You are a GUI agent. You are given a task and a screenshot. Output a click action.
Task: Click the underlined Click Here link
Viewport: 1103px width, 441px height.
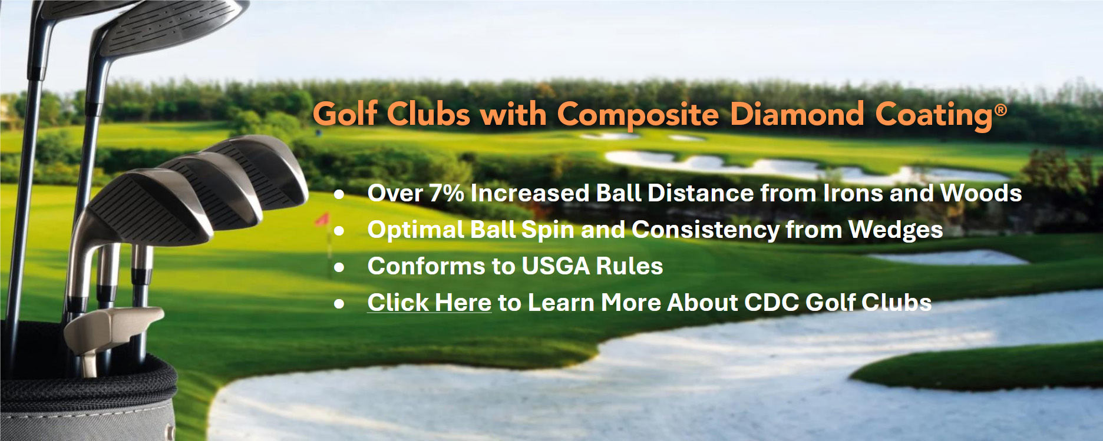[429, 303]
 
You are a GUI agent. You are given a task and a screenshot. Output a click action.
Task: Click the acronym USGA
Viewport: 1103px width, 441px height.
[555, 266]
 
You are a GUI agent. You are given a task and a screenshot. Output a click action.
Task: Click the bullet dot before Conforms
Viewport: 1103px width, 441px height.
[339, 267]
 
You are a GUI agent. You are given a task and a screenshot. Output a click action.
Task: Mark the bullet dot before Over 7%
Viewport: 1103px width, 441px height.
[339, 194]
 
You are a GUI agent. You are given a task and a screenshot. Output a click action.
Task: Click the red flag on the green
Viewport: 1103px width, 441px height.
[322, 220]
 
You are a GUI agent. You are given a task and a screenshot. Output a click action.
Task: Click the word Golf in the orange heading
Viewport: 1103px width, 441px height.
[344, 114]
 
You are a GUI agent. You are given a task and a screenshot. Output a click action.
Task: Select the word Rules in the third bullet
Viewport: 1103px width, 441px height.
[629, 266]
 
